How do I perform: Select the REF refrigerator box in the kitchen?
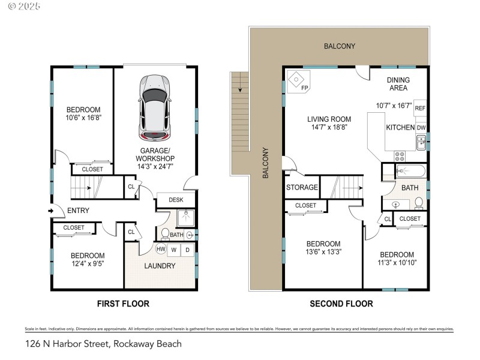point(420,108)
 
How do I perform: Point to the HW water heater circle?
point(161,249)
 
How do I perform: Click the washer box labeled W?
point(174,250)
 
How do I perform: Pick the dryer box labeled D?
point(187,250)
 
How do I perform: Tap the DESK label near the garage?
point(176,200)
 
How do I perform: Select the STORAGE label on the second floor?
point(302,188)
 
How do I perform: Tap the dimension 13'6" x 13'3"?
point(323,252)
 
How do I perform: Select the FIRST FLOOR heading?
point(123,304)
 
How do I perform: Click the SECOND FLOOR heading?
point(341,304)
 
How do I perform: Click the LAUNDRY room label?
point(160,266)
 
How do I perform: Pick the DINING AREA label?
point(398,84)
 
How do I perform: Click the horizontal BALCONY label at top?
point(340,46)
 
